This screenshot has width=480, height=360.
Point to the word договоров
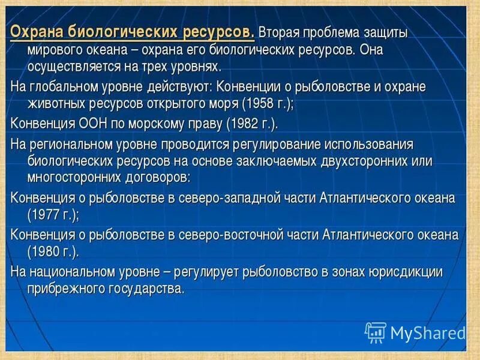click(158, 178)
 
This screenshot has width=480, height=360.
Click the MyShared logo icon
click(375, 332)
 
